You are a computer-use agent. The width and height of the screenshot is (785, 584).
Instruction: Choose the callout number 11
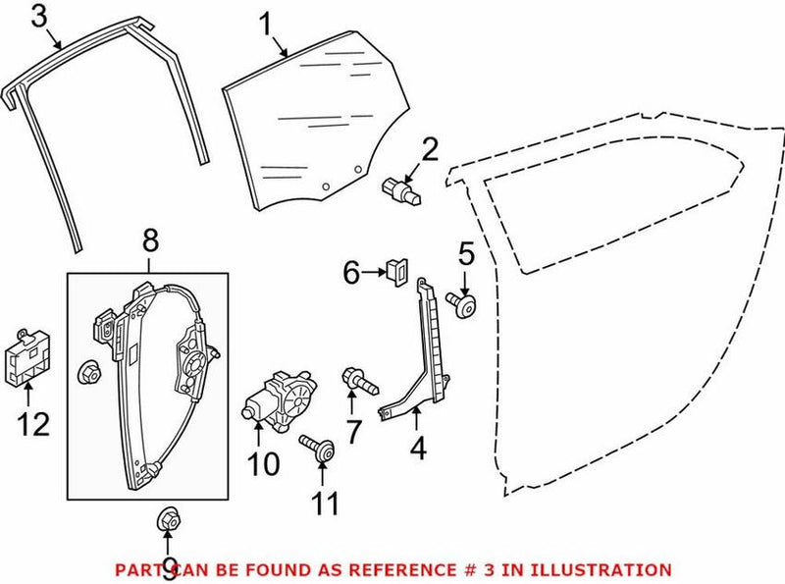pyautogui.click(x=325, y=504)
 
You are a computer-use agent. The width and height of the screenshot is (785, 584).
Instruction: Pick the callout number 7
pyautogui.click(x=352, y=429)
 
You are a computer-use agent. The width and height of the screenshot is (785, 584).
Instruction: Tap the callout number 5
pyautogui.click(x=465, y=253)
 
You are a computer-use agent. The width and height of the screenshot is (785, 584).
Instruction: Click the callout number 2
pyautogui.click(x=430, y=150)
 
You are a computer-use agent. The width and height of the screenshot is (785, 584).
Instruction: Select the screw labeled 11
pyautogui.click(x=318, y=447)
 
